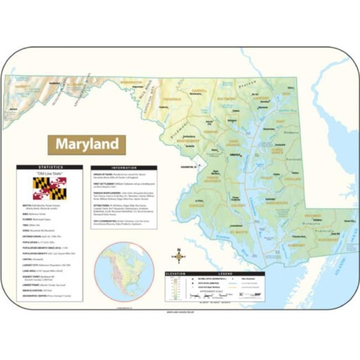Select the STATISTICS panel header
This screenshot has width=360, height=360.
pos(49,167)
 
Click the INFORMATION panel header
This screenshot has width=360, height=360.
pos(124,167)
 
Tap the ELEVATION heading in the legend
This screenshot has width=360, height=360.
pos(176,274)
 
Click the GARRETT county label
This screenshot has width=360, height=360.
pos(23,87)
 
